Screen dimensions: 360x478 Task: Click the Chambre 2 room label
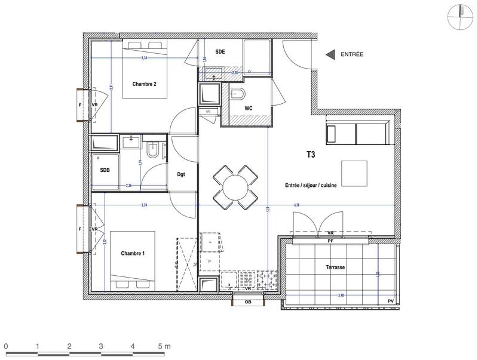(x=144, y=84)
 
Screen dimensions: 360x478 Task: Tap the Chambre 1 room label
(x=133, y=254)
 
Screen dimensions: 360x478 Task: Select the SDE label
(x=220, y=52)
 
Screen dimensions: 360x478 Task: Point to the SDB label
(x=105, y=170)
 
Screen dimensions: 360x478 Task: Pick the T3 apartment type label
(x=311, y=154)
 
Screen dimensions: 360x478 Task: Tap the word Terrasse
(x=336, y=268)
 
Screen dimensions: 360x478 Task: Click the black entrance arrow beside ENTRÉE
(x=329, y=54)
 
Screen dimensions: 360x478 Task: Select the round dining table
(x=236, y=186)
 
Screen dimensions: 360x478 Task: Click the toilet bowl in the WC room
(x=237, y=94)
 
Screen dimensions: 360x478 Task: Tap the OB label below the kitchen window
(x=247, y=302)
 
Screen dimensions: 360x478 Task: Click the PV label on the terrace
(x=391, y=300)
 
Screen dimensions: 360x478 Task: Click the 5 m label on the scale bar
(x=164, y=346)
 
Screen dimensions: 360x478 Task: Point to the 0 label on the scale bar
(x=5, y=346)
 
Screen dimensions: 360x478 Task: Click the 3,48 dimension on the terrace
(x=341, y=295)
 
